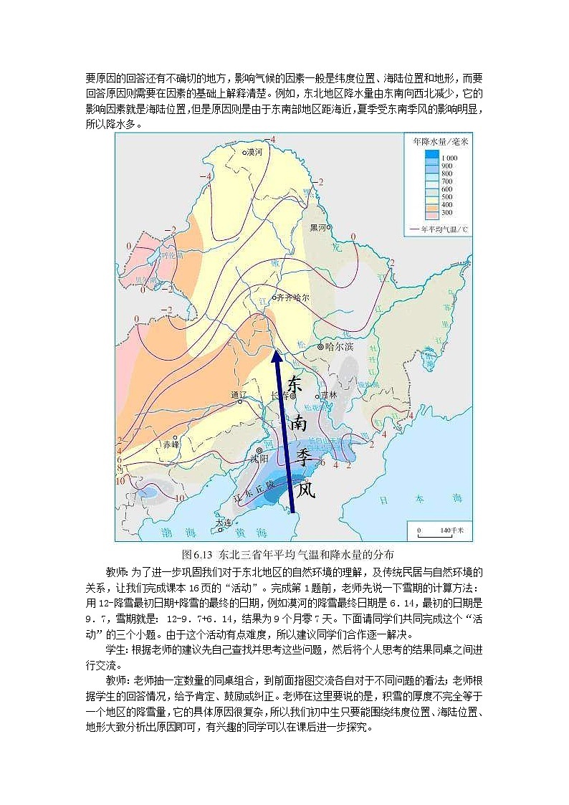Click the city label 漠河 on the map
click(x=254, y=153)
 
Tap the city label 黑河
click(x=318, y=227)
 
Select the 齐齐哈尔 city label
click(x=292, y=297)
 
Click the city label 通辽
click(x=239, y=395)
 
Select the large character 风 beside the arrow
click(x=306, y=490)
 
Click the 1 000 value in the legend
click(x=450, y=157)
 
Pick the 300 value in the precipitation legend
click(x=446, y=213)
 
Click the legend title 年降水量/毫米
click(x=440, y=142)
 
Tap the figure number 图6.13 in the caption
click(x=199, y=554)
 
